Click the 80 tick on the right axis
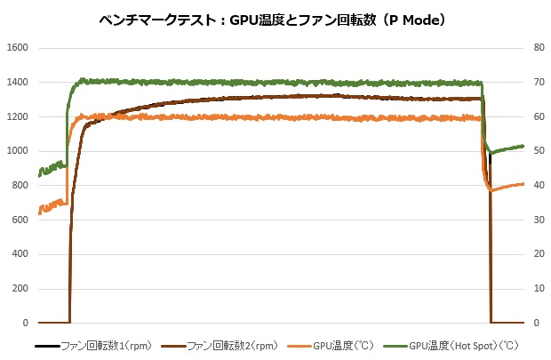pyautogui.click(x=537, y=48)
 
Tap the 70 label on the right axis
pyautogui.click(x=537, y=83)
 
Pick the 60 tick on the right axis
pyautogui.click(x=537, y=116)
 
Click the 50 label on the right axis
pyautogui.click(x=537, y=151)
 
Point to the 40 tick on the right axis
pyautogui.click(x=537, y=186)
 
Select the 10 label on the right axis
pyautogui.click(x=537, y=289)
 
